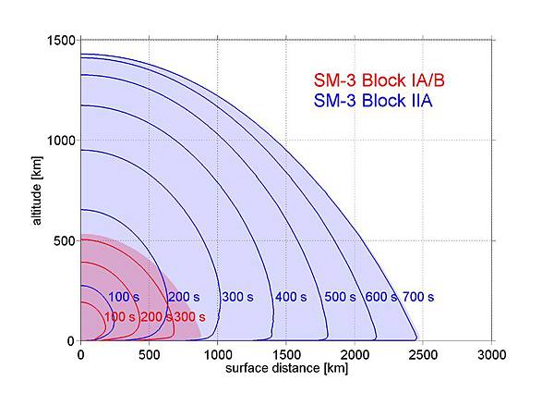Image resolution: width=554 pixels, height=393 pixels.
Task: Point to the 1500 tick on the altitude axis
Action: [x=62, y=41]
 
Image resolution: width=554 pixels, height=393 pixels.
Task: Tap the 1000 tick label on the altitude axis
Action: [x=62, y=141]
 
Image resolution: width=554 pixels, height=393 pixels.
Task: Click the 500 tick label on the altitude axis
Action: [x=66, y=240]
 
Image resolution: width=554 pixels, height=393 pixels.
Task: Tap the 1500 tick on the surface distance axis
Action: [x=286, y=353]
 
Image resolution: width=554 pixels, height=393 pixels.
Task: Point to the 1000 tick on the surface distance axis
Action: [x=218, y=353]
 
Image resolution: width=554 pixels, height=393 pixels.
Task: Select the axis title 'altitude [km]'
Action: [x=34, y=189]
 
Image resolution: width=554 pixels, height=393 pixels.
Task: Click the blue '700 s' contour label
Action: [x=418, y=297]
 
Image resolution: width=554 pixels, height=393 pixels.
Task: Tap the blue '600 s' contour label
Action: [x=380, y=297]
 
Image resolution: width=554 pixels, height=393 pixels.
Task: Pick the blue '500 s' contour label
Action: [x=339, y=297]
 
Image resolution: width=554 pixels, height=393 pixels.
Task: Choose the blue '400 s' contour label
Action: [x=290, y=297]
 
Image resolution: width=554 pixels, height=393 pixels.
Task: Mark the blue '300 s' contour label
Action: [x=237, y=297]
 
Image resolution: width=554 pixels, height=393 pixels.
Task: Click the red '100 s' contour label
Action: [x=120, y=317]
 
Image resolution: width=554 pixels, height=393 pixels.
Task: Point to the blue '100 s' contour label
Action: [x=123, y=297]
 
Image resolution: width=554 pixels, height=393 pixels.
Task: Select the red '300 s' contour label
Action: [x=189, y=317]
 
